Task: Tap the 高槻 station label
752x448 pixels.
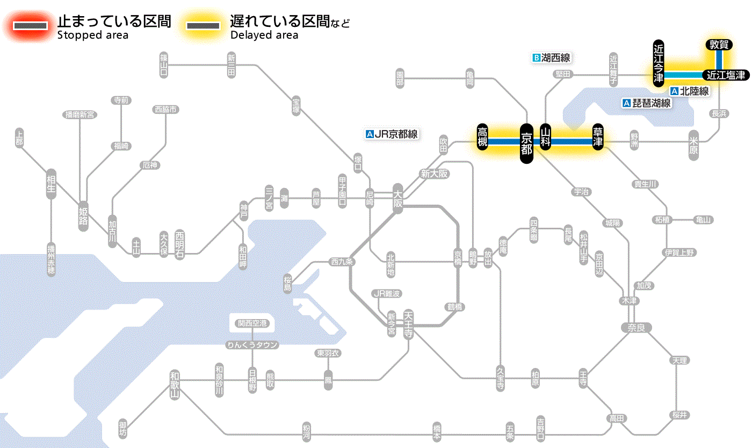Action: (482, 138)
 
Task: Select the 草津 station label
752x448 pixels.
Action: (598, 138)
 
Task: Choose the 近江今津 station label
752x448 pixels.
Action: (659, 63)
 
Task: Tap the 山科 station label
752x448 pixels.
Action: (546, 138)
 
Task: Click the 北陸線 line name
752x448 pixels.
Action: (694, 91)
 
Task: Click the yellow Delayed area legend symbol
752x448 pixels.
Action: (203, 26)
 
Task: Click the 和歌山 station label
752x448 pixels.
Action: (174, 385)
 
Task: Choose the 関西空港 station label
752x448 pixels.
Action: (252, 323)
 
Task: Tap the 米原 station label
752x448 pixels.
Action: (693, 144)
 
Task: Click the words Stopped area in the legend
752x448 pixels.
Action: (93, 35)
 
